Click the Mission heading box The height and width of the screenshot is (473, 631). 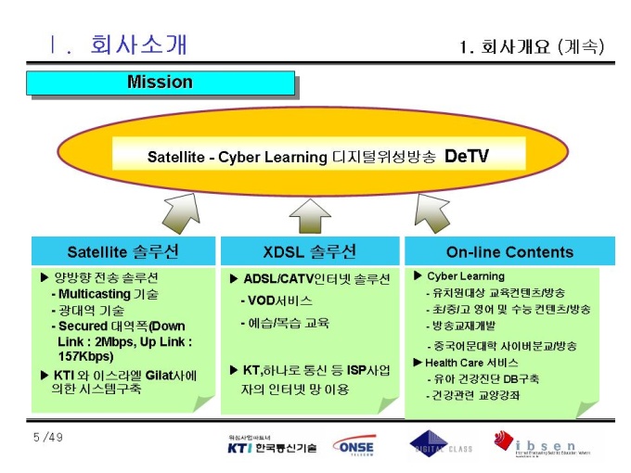pyautogui.click(x=160, y=83)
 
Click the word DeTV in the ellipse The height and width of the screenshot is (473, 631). pyautogui.click(x=466, y=156)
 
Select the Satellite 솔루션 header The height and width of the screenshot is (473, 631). pyautogui.click(x=122, y=252)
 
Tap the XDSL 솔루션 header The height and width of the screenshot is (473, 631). pyautogui.click(x=309, y=252)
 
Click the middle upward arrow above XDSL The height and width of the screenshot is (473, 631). pyautogui.click(x=310, y=216)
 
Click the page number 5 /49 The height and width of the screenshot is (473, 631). pyautogui.click(x=49, y=436)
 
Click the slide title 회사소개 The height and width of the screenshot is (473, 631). pyautogui.click(x=139, y=44)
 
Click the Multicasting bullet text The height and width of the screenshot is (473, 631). pyautogui.click(x=109, y=294)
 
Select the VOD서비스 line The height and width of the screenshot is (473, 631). pyautogui.click(x=279, y=301)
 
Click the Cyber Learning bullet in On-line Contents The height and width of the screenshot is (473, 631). pyautogui.click(x=465, y=276)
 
